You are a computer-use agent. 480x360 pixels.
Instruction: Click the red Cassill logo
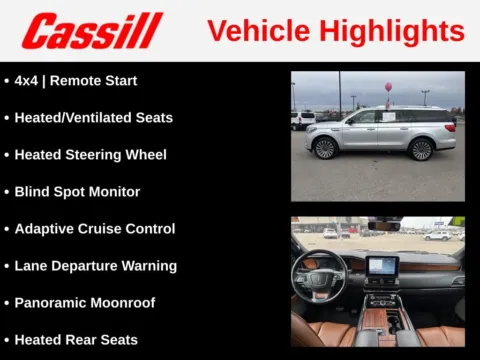(92, 31)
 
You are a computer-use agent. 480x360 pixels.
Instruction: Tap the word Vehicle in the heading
(250, 31)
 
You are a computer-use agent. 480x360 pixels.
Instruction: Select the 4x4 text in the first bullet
(27, 81)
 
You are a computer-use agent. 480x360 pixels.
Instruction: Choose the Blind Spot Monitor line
(77, 192)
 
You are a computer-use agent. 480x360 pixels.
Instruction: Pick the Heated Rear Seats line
(76, 340)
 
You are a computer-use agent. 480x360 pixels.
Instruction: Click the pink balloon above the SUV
(388, 88)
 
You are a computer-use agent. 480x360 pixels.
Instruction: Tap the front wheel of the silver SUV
(324, 148)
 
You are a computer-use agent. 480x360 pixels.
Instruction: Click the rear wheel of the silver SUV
(421, 149)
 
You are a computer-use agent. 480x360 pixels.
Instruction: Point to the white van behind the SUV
(303, 120)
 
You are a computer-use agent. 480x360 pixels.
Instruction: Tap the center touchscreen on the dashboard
(382, 267)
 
